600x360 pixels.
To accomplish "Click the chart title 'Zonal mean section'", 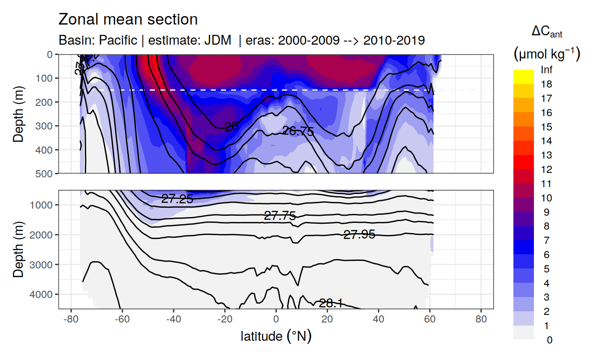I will pos(128,20).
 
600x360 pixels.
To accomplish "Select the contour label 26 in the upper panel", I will pos(231,127).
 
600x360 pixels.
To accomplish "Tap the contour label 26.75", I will pos(298,131).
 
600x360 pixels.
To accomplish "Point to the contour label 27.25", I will pos(177,199).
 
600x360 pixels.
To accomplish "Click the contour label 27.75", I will pos(280,216).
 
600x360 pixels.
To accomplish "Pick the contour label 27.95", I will pos(359,234).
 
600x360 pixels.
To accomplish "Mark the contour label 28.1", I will pos(330,303).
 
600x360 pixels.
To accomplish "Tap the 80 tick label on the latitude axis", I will pos(481,320).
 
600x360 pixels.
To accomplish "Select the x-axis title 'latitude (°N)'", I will pos(276,336).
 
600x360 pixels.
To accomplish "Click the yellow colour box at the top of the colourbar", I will pos(523,73).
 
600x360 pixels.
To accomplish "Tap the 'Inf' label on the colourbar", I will pos(546,70).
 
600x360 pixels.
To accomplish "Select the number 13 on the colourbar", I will pos(546,155).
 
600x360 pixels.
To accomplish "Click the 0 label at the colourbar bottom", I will pos(550,340).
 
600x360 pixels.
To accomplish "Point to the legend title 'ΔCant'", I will pos(546,32).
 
